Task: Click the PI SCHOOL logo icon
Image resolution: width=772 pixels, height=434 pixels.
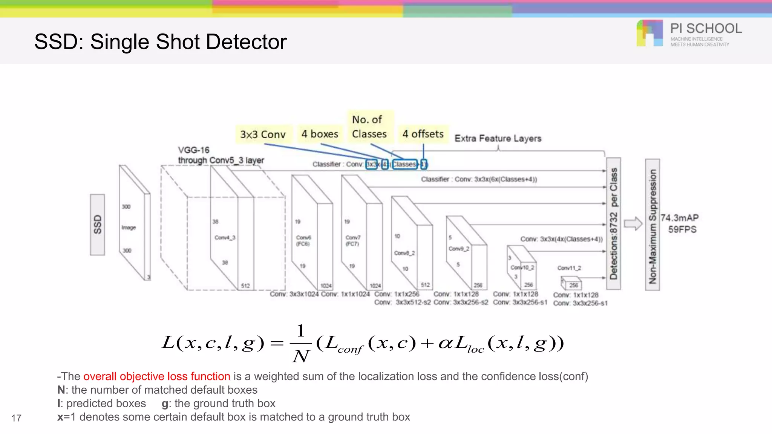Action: click(649, 33)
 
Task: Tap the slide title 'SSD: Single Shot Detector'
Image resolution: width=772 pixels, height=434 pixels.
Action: click(161, 41)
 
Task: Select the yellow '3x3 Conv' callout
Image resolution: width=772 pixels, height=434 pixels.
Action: click(263, 134)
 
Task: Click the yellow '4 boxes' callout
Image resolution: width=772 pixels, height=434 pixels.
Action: click(320, 134)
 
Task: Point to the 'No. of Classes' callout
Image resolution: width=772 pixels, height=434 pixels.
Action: click(369, 127)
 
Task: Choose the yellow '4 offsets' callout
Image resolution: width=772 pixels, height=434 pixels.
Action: click(423, 134)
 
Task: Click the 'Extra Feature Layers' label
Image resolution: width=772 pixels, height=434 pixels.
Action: click(498, 138)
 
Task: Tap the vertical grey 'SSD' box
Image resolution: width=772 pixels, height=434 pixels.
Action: click(98, 225)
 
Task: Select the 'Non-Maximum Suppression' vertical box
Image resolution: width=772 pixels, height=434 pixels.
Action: click(653, 225)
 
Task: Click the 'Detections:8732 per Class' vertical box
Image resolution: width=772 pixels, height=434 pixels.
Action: click(614, 224)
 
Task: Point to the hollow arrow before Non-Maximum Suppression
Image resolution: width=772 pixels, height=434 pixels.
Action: click(633, 224)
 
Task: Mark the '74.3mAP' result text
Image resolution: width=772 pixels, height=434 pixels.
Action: click(679, 218)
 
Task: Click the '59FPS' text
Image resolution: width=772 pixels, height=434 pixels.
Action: click(682, 229)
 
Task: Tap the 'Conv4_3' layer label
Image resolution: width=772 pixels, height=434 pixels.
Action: click(225, 237)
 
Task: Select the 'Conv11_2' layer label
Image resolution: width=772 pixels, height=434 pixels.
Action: click(569, 268)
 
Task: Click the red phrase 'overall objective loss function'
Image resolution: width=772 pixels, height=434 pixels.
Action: click(156, 376)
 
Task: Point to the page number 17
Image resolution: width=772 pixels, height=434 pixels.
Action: click(16, 418)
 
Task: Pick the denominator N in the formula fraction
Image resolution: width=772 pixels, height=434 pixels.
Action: click(301, 356)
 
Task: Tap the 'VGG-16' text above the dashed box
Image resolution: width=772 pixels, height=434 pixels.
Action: click(194, 150)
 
